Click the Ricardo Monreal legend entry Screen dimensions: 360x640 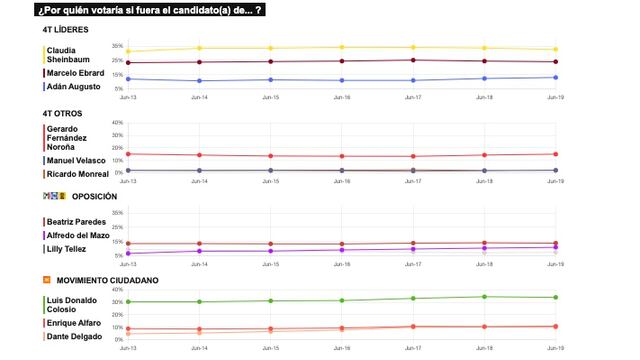pyautogui.click(x=76, y=174)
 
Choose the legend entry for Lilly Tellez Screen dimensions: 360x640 pyautogui.click(x=68, y=248)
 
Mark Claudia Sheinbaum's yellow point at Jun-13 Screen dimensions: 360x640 pyautogui.click(x=129, y=51)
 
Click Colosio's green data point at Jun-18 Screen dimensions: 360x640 pyautogui.click(x=485, y=296)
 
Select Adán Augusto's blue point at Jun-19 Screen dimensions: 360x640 pyautogui.click(x=555, y=77)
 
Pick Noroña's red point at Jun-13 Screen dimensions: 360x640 pyautogui.click(x=129, y=154)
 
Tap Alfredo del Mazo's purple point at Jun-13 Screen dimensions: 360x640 pyautogui.click(x=129, y=252)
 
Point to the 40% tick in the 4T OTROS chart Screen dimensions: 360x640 pyautogui.click(x=117, y=123)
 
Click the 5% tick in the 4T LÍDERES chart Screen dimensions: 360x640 pyautogui.click(x=117, y=88)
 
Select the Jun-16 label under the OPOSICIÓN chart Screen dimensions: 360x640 pyautogui.click(x=342, y=265)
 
